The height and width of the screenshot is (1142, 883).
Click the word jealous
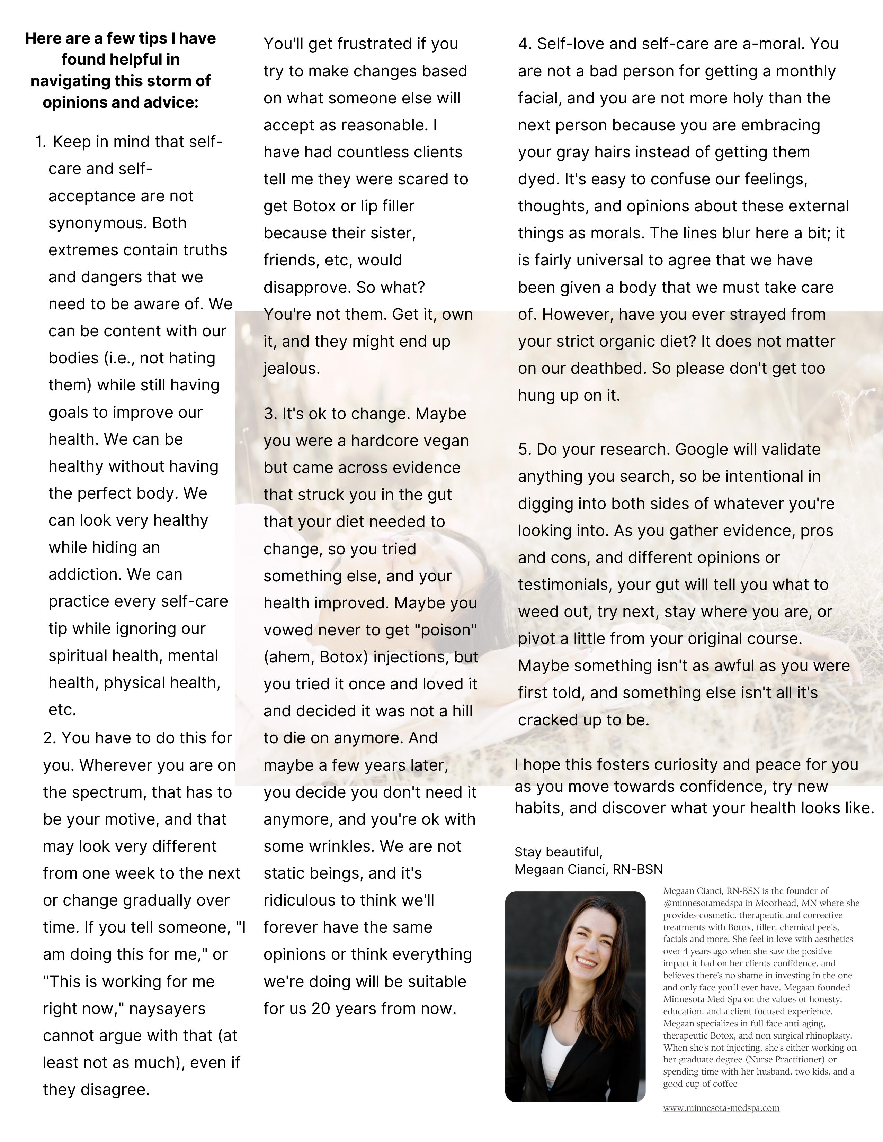click(291, 368)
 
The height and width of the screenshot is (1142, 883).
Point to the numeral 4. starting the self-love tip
click(525, 44)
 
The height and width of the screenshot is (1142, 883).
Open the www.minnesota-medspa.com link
click(721, 1108)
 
